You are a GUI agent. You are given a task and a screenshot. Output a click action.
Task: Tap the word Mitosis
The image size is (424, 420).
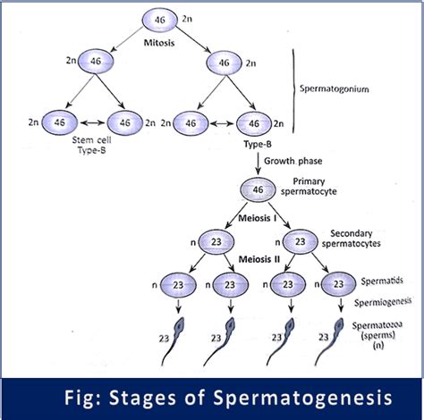click(158, 41)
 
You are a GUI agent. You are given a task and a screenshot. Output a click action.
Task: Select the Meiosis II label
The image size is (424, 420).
click(210, 259)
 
